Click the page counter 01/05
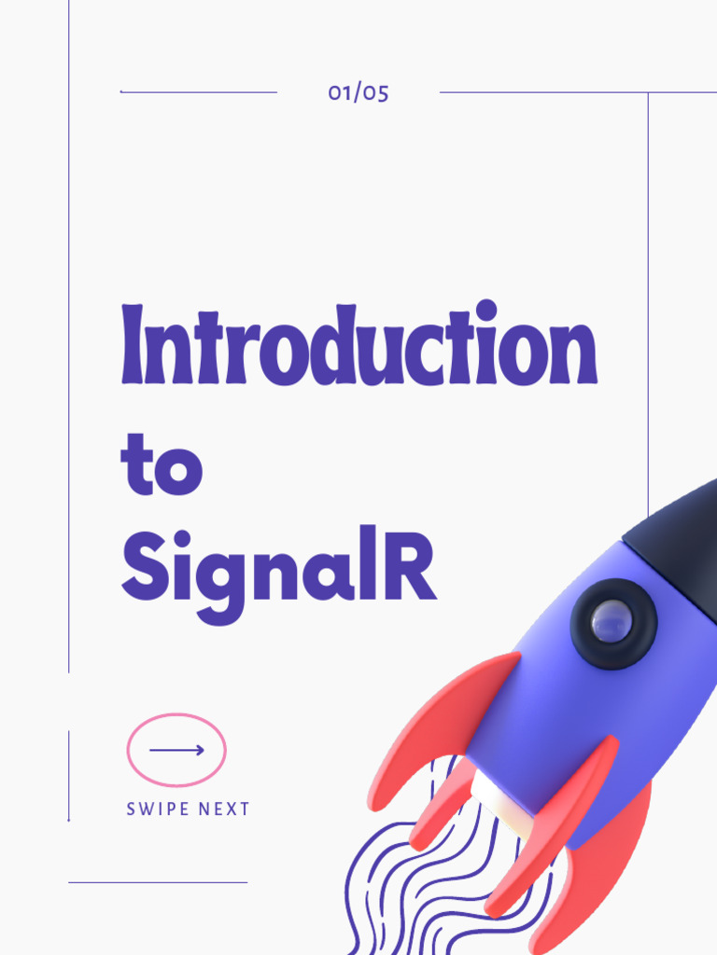point(358,92)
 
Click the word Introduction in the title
point(358,346)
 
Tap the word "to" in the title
point(162,464)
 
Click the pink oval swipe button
point(176,750)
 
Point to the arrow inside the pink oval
point(176,750)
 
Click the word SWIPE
point(155,810)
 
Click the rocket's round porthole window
point(613,622)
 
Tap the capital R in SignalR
point(411,566)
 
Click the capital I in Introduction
point(134,346)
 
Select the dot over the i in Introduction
point(486,309)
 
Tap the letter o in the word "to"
point(178,472)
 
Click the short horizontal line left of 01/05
point(199,92)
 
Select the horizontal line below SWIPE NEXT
point(158,882)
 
